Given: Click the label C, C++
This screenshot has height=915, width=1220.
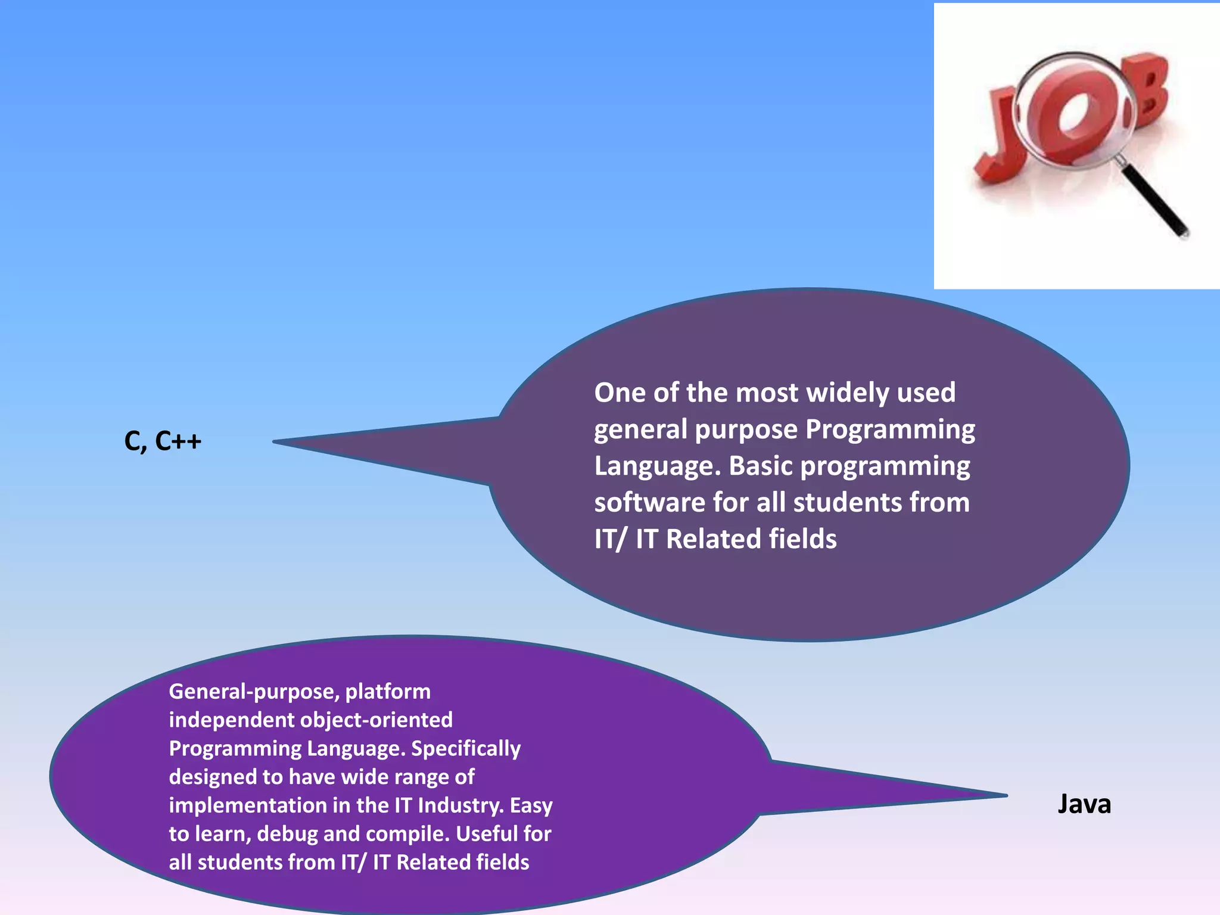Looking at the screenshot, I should [x=163, y=441].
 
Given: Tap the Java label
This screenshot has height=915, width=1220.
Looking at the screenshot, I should [x=1084, y=804].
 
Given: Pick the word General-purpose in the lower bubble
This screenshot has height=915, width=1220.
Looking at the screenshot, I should [x=254, y=692].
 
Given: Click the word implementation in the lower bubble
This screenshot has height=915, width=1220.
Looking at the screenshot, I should [x=247, y=805].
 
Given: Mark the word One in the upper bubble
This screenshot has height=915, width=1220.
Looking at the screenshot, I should [x=620, y=393].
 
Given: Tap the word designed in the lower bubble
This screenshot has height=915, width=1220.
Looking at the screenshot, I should [x=212, y=777].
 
